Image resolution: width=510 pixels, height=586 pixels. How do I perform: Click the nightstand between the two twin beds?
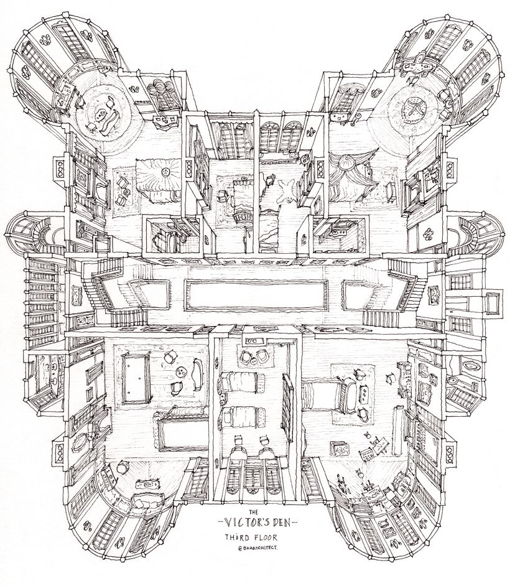coord(222,398)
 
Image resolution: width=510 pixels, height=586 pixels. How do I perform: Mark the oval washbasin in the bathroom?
coord(468,363)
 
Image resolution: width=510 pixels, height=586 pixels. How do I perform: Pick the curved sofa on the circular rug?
coord(109,123)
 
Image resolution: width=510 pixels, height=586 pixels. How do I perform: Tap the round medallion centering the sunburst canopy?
coord(164,172)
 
